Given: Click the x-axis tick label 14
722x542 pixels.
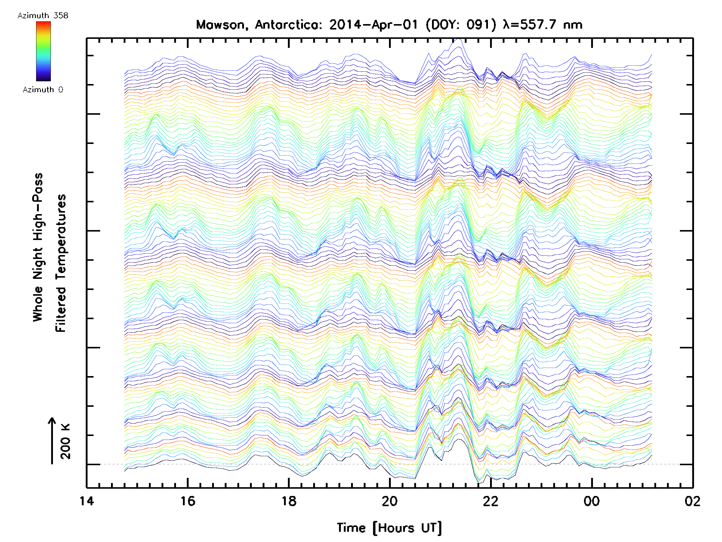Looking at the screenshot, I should point(87,501).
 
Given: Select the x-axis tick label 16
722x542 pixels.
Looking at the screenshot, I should point(188,501).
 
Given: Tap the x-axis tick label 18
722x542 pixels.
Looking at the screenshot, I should point(288,501).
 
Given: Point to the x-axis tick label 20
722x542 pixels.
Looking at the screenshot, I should point(390,501).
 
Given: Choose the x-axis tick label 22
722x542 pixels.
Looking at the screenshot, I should point(491,501).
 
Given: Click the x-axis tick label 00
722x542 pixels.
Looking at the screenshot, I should point(591,501).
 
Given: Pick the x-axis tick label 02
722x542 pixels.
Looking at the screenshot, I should point(692,501).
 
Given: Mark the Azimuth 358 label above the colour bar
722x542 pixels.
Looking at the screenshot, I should point(43,16).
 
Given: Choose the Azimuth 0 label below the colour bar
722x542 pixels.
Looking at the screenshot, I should point(43,89).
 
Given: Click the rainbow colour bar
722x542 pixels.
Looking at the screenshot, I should point(43,51).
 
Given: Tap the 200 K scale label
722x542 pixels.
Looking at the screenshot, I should point(66,441).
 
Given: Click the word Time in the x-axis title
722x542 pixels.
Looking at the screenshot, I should point(351,528).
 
